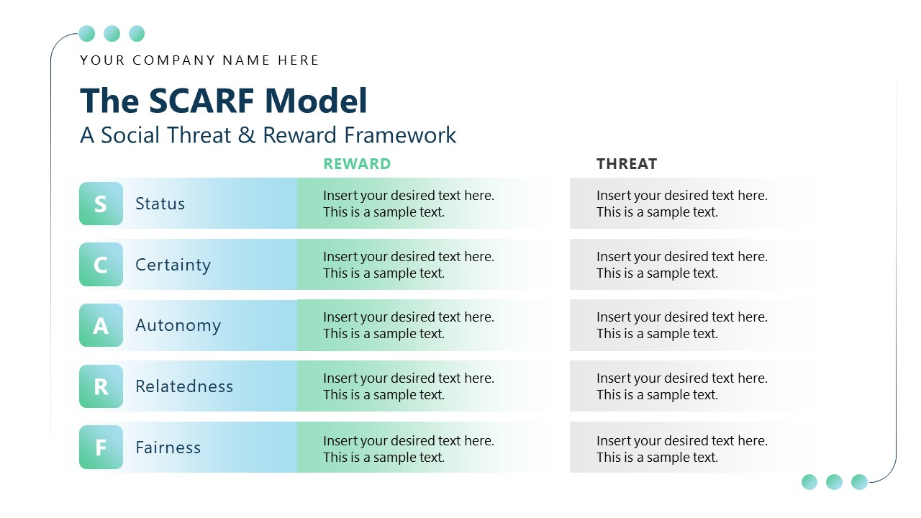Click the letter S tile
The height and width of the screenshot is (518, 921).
(101, 204)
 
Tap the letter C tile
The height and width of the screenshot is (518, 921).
(101, 265)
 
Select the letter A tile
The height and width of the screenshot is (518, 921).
(101, 325)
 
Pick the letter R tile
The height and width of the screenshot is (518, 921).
(101, 386)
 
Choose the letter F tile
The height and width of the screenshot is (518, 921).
(101, 447)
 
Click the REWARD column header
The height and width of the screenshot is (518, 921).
(357, 164)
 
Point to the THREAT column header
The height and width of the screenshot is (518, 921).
(626, 164)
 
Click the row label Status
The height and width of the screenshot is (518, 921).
(160, 204)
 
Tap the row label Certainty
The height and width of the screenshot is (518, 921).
(173, 265)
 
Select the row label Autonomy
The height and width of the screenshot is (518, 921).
(178, 325)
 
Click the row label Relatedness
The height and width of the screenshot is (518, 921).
(184, 386)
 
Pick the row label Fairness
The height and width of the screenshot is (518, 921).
(168, 447)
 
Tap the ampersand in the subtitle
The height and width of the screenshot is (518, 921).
(247, 135)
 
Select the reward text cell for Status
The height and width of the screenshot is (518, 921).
(408, 204)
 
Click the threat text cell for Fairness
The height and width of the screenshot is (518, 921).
(681, 447)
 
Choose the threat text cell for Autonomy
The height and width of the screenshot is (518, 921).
(681, 325)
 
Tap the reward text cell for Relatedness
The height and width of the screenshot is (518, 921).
(408, 386)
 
